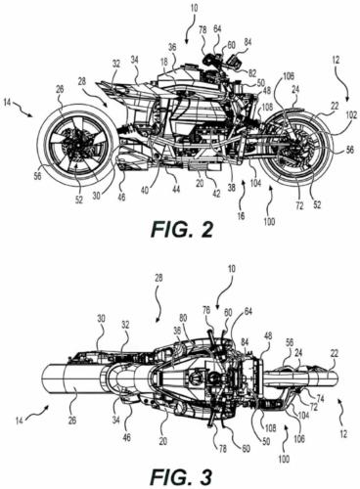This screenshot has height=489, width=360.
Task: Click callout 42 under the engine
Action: click(x=216, y=194)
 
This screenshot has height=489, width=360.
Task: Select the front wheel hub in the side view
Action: click(x=294, y=149)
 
